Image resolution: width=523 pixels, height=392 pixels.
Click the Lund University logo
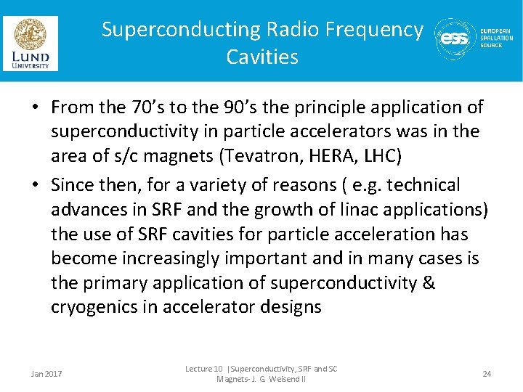[31, 44]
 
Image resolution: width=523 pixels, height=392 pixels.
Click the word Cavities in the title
[262, 57]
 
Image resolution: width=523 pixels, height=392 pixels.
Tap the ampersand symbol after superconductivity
[428, 282]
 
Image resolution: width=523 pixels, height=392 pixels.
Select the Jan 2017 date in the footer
[46, 374]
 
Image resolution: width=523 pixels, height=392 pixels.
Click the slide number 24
[487, 374]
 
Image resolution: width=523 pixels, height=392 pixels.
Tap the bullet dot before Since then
[35, 186]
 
